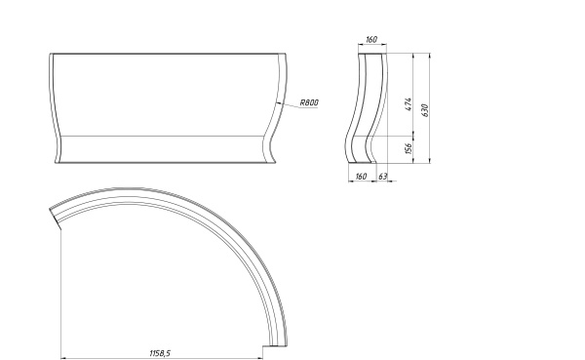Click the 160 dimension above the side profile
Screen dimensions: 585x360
point(371,39)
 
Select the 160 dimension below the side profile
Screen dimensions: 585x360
point(361,177)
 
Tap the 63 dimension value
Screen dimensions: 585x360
point(383,177)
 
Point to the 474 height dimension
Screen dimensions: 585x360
point(409,104)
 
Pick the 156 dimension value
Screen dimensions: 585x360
point(409,148)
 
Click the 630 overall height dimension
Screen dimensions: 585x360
point(425,110)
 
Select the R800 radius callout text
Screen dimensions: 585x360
point(309,102)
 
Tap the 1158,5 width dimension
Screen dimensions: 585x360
point(160,353)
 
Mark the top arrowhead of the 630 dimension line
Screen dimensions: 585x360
point(430,56)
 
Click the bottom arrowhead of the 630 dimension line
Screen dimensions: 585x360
point(430,160)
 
